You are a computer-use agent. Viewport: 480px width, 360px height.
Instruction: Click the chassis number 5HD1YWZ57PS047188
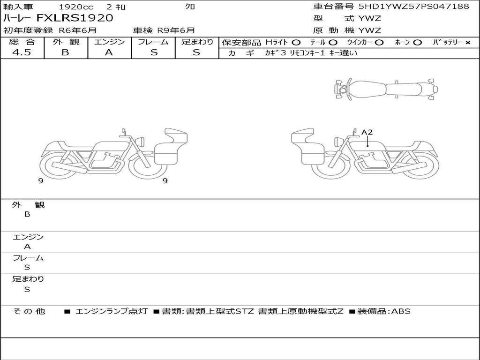click(x=413, y=6)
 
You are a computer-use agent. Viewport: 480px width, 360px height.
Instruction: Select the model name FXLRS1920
click(x=75, y=18)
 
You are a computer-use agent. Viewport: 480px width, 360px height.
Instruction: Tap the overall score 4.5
click(x=22, y=52)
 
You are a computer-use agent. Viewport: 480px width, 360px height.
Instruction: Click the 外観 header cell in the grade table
click(x=66, y=42)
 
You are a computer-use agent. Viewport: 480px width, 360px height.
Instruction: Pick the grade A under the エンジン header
click(x=109, y=52)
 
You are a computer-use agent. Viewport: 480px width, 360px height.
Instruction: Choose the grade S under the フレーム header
click(x=154, y=52)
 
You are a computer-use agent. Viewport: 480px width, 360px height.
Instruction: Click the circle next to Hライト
click(x=296, y=43)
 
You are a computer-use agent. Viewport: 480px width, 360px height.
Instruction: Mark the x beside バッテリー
click(x=467, y=43)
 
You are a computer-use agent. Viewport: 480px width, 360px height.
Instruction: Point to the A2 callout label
click(x=367, y=132)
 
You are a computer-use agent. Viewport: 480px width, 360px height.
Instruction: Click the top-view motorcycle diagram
click(x=386, y=89)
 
